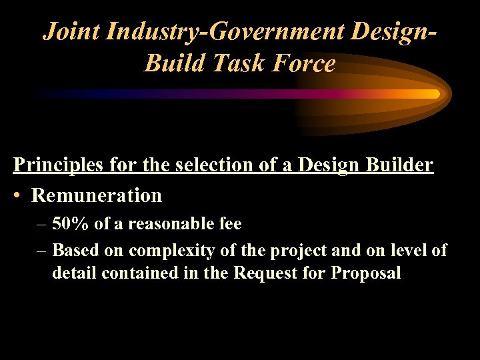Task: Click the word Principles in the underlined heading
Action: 57,165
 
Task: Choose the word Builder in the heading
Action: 399,165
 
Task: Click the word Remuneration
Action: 97,195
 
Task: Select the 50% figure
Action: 70,224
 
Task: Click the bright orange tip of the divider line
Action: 433,94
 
